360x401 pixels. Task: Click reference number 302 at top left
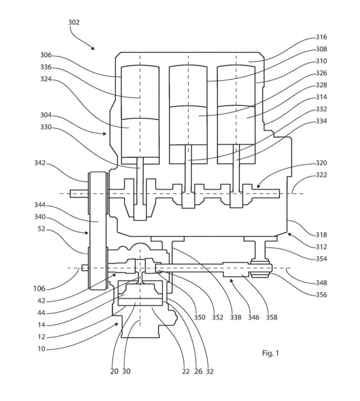[x=74, y=22]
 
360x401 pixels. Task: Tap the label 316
[x=321, y=37]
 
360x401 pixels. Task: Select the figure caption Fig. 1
[x=270, y=353]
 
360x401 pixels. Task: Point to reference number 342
[x=40, y=163]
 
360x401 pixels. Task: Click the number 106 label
[x=39, y=289]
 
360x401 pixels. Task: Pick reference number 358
[x=272, y=317]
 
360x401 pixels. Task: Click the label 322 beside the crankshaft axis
[x=321, y=175]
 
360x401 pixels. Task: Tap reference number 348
[x=321, y=283]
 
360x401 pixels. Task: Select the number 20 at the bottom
[x=114, y=371]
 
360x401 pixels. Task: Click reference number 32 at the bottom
[x=209, y=371]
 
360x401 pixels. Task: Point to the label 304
[x=46, y=115]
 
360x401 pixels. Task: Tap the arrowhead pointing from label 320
[x=258, y=186]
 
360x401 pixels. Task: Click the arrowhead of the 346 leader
[x=231, y=281]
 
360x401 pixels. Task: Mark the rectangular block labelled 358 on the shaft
[x=236, y=269]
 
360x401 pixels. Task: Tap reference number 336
[x=46, y=67]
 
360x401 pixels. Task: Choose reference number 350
[x=200, y=317]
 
